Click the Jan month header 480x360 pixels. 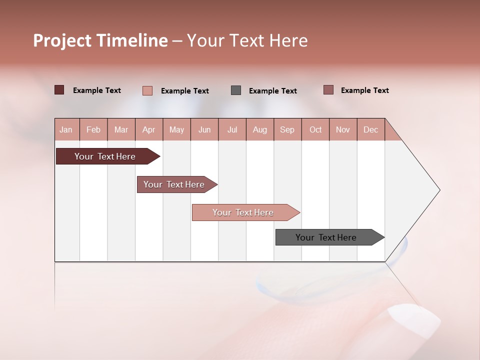coord(66,129)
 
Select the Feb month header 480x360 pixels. coord(93,129)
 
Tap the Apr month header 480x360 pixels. coord(148,129)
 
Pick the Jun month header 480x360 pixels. coord(204,129)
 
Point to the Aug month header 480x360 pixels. coord(259,129)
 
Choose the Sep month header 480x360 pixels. coord(287,129)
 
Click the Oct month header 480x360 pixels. coord(315,129)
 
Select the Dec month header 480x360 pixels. coord(370,129)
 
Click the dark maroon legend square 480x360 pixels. coord(59,90)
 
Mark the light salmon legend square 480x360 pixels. coord(147,90)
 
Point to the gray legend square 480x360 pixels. coord(236,90)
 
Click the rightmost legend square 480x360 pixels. coord(328,90)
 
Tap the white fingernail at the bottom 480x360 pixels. coord(414,320)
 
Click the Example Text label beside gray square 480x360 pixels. coord(273,91)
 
